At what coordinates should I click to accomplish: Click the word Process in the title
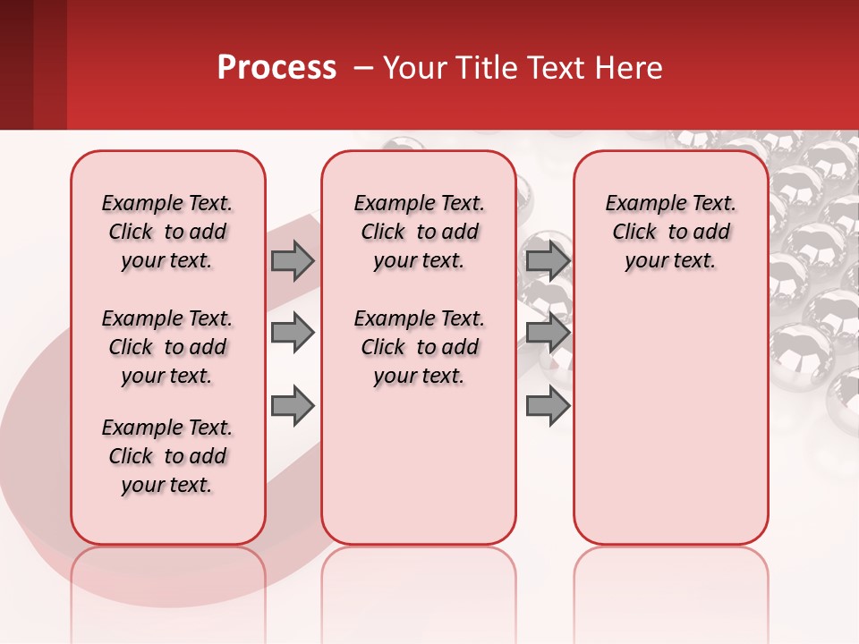click(x=276, y=67)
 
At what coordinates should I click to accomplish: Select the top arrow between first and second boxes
click(x=293, y=260)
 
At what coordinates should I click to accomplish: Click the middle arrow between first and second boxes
click(x=293, y=333)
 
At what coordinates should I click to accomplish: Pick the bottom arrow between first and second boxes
click(x=293, y=405)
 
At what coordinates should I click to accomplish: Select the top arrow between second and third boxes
click(x=548, y=260)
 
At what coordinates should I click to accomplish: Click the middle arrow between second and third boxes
click(x=548, y=333)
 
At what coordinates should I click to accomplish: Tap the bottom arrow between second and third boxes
click(x=548, y=405)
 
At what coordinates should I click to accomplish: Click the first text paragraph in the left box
click(x=167, y=232)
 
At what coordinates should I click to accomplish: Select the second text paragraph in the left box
click(x=167, y=347)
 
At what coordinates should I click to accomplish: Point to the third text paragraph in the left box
click(x=167, y=456)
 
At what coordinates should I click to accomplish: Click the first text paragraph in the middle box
click(x=419, y=232)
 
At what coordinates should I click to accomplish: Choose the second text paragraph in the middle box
click(x=419, y=347)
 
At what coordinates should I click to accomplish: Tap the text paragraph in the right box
click(x=670, y=232)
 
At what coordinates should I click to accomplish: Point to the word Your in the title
click(x=413, y=67)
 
